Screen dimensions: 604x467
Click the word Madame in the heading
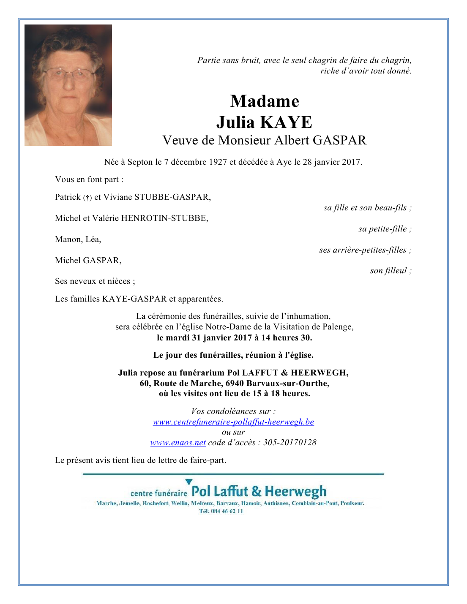pos(265,101)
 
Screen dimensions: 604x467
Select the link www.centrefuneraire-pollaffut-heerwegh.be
pos(233,422)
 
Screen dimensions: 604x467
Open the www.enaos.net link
pos(178,443)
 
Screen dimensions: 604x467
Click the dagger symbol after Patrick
pos(87,198)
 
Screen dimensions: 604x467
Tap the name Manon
pos(68,239)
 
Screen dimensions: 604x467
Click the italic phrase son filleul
pos(388,271)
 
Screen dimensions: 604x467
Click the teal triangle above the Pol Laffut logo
pos(189,482)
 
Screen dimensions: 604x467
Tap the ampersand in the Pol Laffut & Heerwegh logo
pos(257,492)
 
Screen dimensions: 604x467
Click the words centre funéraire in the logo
pos(158,493)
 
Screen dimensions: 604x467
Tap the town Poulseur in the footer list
pos(352,503)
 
